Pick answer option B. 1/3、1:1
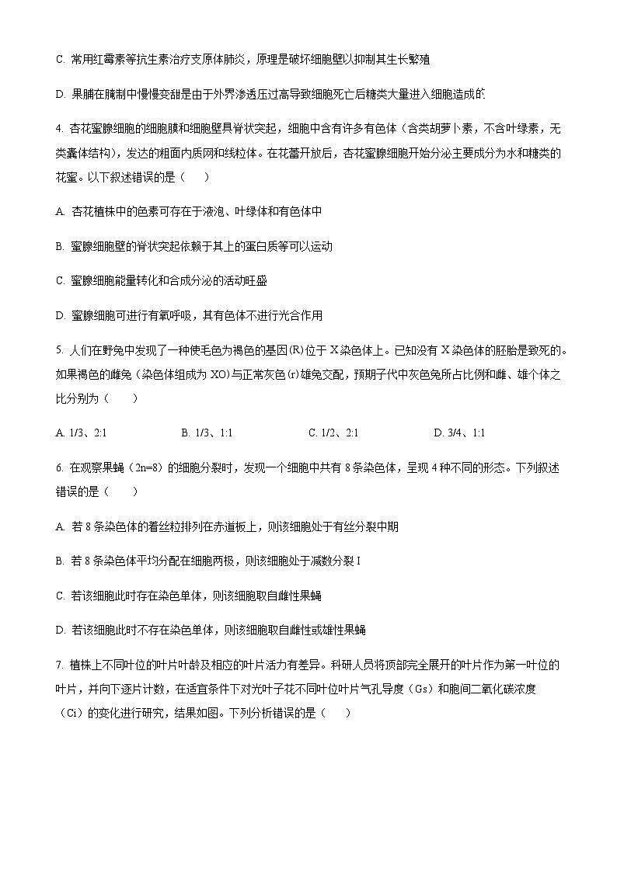click(x=207, y=433)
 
